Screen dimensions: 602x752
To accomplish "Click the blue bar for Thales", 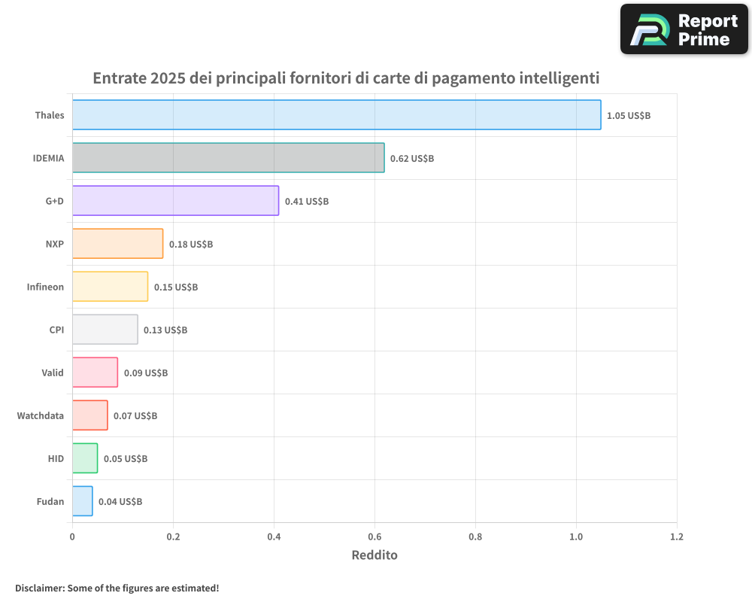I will (x=336, y=115).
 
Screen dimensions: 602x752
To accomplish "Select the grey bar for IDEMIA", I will (x=228, y=158).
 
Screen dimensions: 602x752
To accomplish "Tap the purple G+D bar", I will (x=175, y=201).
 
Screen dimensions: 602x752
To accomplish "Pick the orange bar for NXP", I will (x=117, y=244).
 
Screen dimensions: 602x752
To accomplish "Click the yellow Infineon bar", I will (x=110, y=287).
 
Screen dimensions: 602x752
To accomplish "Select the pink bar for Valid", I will (x=95, y=372).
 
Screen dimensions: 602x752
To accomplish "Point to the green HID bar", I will (x=85, y=458).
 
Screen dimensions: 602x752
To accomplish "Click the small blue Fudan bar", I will (x=82, y=501).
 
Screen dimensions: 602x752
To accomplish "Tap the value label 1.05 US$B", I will (x=629, y=116).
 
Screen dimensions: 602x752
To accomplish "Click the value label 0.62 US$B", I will (x=412, y=159).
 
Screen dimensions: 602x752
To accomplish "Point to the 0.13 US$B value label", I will (x=165, y=330).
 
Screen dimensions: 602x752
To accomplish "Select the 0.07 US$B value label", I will (x=135, y=416).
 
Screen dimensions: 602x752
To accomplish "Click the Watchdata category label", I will (x=41, y=415).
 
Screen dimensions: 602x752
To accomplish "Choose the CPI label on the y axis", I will (x=56, y=330).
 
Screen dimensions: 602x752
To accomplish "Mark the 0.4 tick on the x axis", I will (x=274, y=537).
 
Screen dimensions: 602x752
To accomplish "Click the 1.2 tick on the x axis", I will (x=677, y=537).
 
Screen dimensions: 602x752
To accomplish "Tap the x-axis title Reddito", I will (x=374, y=555).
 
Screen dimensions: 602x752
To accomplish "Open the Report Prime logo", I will (x=684, y=29).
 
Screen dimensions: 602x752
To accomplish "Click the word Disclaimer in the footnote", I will (x=39, y=588).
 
